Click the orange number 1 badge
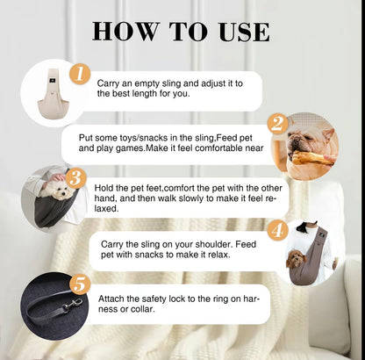pyautogui.click(x=80, y=75)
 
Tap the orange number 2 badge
pyautogui.click(x=278, y=124)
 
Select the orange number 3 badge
pyautogui.click(x=76, y=178)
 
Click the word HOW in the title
pyautogui.click(x=125, y=32)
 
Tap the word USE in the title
pyautogui.click(x=244, y=32)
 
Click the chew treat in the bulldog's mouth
pyautogui.click(x=312, y=158)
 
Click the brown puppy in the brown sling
pyautogui.click(x=296, y=259)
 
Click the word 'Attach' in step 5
pyautogui.click(x=110, y=299)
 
